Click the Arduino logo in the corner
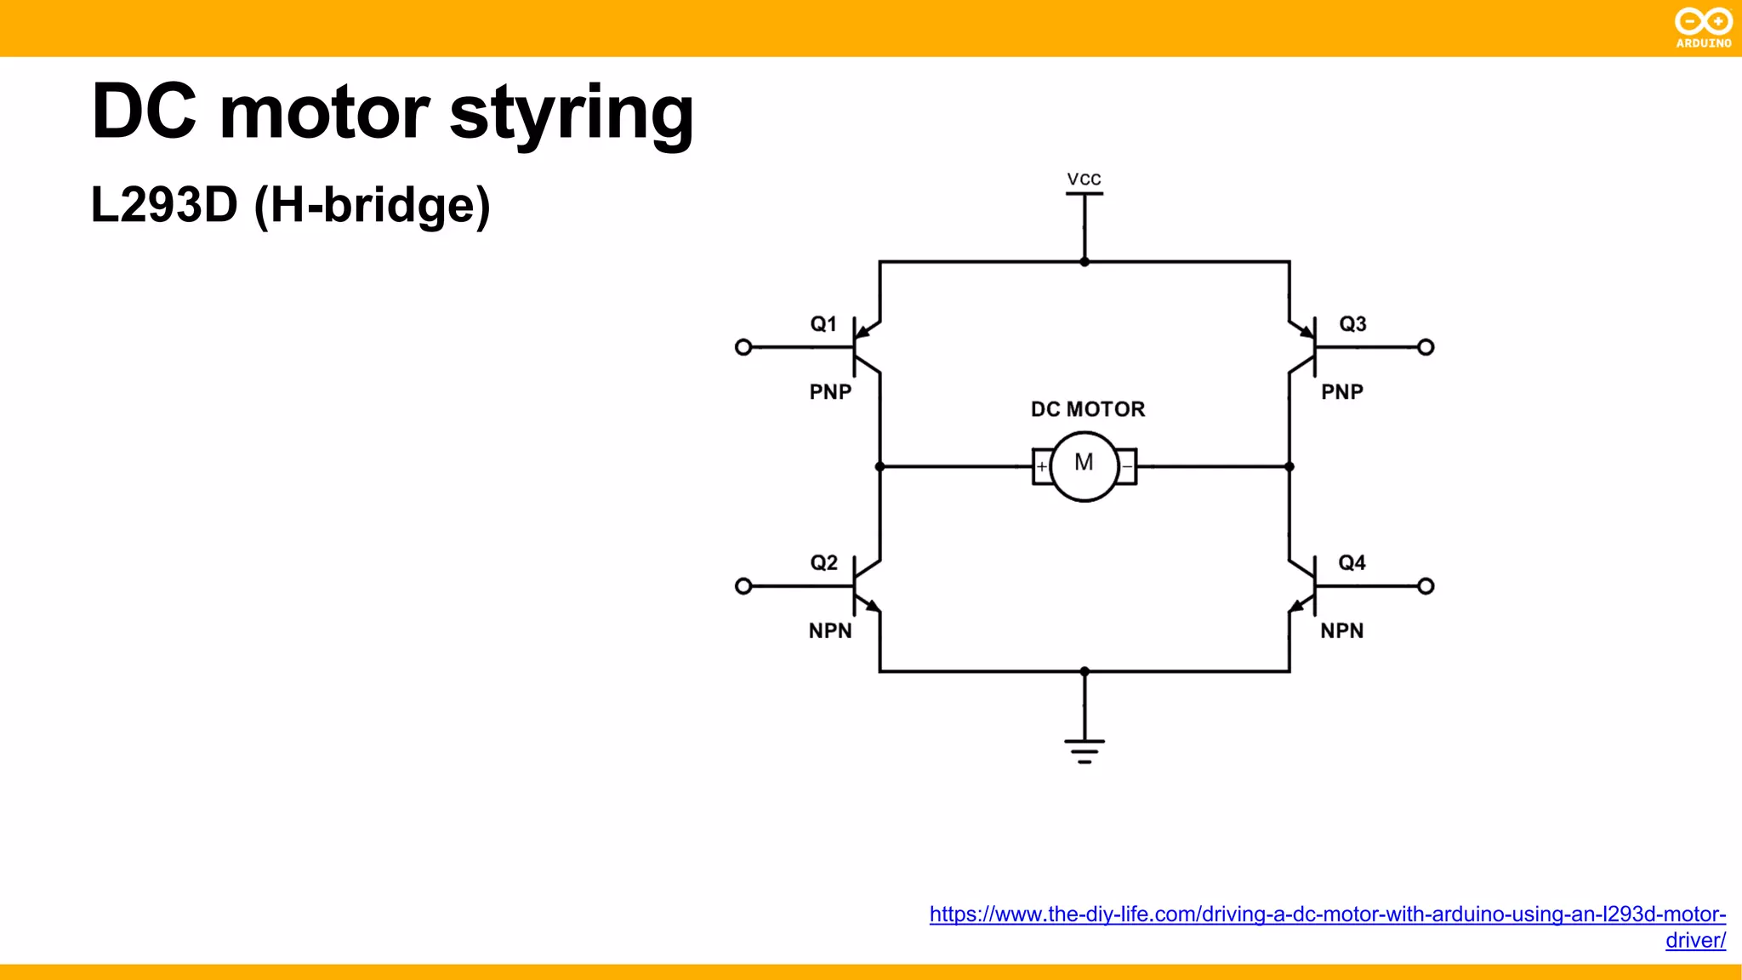(x=1703, y=27)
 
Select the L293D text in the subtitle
(x=164, y=205)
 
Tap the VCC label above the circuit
(x=1084, y=179)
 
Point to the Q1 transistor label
(x=823, y=324)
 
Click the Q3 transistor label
(x=1352, y=324)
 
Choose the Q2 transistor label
(x=823, y=563)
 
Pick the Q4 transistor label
(x=1352, y=563)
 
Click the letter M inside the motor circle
(x=1084, y=463)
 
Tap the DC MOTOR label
(x=1088, y=409)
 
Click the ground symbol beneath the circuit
(x=1084, y=750)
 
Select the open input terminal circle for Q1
(x=743, y=347)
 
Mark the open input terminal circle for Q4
(x=1426, y=586)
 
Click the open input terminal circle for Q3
(x=1426, y=347)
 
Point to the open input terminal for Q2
(x=743, y=586)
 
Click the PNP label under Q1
(x=830, y=392)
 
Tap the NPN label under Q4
(x=1341, y=631)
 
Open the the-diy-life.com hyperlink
(x=1327, y=914)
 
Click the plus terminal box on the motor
(x=1041, y=466)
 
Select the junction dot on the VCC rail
(x=1084, y=262)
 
